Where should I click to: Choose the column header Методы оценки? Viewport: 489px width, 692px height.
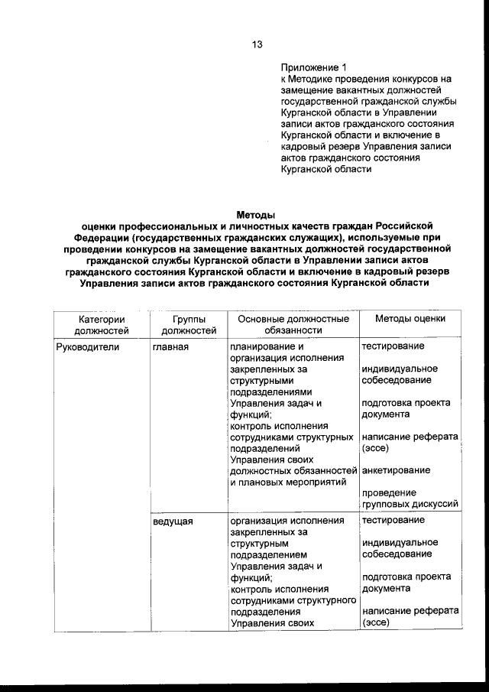pyautogui.click(x=410, y=318)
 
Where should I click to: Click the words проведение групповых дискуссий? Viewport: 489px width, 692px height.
pyautogui.click(x=410, y=499)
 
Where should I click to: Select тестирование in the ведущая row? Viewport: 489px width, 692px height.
pyautogui.click(x=393, y=521)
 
